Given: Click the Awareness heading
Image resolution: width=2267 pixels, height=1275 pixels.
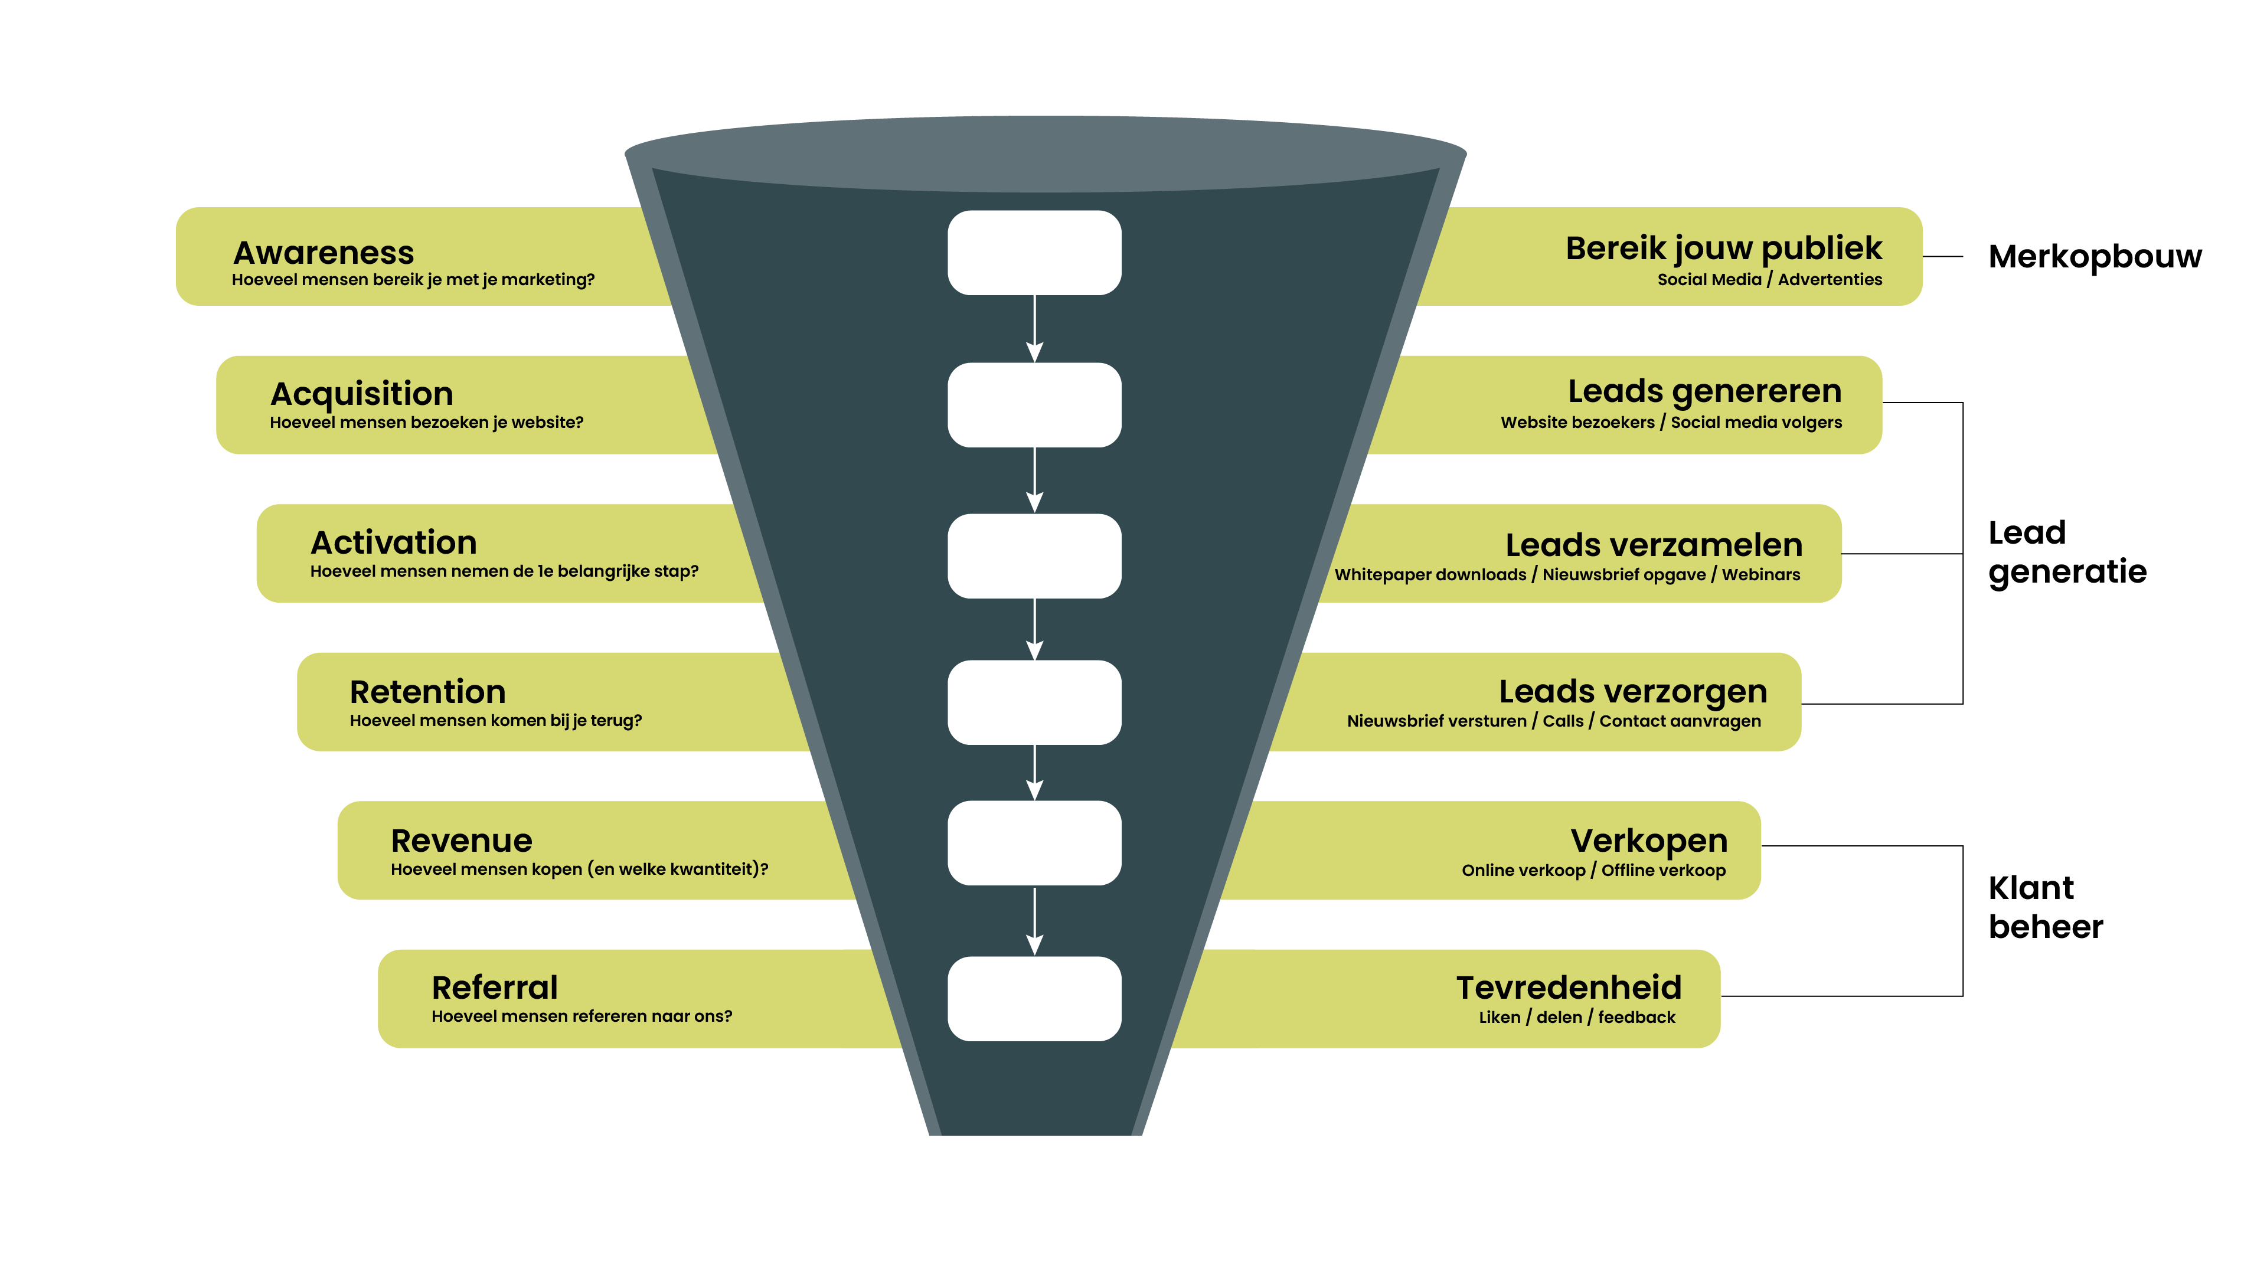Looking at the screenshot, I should [x=323, y=253].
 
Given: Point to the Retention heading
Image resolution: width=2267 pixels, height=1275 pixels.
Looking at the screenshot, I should [x=427, y=692].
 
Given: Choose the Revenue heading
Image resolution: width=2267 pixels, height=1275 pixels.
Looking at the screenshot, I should [x=461, y=841].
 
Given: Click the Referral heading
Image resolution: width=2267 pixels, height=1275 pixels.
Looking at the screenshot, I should [x=495, y=988].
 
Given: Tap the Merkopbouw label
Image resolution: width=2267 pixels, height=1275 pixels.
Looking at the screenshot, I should [x=2095, y=256].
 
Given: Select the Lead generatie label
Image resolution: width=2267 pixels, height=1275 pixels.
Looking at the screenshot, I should [x=2066, y=552].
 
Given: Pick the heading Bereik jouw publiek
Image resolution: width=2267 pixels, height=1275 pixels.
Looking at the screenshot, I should [x=1723, y=248].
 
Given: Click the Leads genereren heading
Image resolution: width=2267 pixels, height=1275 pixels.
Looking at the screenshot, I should [x=1704, y=391].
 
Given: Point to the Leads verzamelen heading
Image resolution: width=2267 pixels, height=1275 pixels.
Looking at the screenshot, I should [x=1653, y=545].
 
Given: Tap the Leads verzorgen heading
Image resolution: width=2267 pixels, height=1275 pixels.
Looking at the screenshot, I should [x=1632, y=692].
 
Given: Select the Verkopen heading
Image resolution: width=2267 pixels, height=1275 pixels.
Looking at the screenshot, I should [x=1648, y=841].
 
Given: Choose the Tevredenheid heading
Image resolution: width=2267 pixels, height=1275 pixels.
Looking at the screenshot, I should [x=1568, y=988].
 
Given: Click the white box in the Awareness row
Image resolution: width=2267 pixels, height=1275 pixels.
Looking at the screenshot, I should [x=1034, y=253].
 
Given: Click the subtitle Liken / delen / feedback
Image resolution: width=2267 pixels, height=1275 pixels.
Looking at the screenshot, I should [x=1576, y=1017].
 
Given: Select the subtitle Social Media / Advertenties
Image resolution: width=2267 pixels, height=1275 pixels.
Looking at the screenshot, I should [x=1769, y=280].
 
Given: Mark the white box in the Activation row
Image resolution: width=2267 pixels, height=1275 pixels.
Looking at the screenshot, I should [x=1034, y=555].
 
